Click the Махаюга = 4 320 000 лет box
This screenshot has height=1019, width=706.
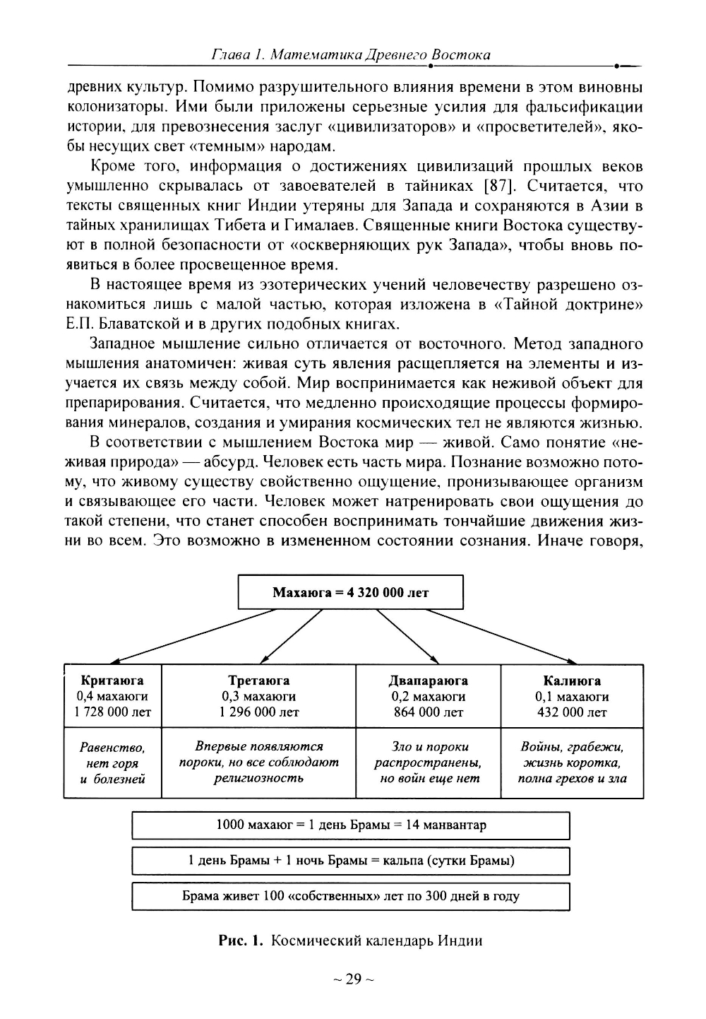point(350,592)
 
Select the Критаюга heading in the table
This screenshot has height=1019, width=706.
point(112,681)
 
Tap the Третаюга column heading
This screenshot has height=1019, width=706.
point(258,681)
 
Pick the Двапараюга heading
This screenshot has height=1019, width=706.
point(428,681)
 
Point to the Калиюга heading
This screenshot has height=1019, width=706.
point(572,681)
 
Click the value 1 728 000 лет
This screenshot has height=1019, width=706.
point(112,712)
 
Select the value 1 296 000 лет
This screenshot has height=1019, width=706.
point(258,712)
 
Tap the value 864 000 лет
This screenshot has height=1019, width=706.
point(428,712)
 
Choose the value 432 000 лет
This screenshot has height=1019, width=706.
point(572,712)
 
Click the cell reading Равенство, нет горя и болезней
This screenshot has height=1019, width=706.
point(112,763)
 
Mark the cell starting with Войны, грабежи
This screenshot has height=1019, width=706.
point(572,763)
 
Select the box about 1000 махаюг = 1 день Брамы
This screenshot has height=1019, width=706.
point(350,825)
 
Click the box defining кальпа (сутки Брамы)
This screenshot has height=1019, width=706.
point(350,861)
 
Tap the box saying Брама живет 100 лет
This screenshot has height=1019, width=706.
point(350,896)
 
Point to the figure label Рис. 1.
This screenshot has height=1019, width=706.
point(241,941)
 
